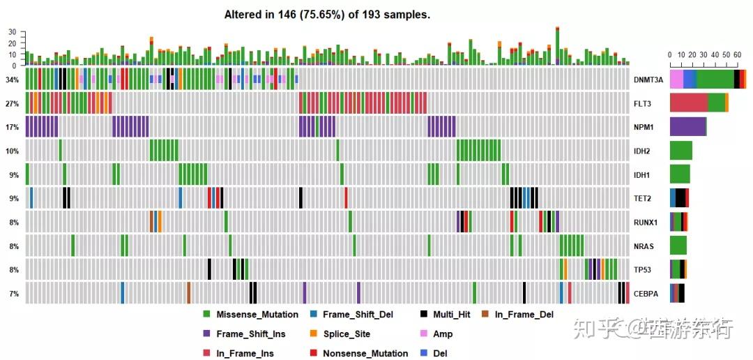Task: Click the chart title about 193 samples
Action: click(x=327, y=15)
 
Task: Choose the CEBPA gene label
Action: click(x=646, y=294)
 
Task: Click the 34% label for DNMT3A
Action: click(x=12, y=80)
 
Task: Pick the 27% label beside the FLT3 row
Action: click(x=12, y=103)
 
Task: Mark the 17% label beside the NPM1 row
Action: click(x=12, y=127)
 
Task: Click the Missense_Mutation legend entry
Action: click(x=257, y=315)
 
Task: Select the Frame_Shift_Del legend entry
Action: click(x=358, y=315)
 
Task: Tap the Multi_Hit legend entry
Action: click(x=451, y=315)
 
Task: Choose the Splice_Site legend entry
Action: click(x=347, y=334)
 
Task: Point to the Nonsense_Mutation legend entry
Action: click(x=365, y=354)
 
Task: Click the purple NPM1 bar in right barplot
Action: click(x=687, y=126)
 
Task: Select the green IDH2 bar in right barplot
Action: click(x=680, y=150)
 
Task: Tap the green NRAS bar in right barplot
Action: click(x=678, y=246)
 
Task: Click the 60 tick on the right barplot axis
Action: click(x=737, y=54)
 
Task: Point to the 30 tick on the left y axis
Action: click(x=12, y=32)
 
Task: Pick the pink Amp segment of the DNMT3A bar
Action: click(x=676, y=79)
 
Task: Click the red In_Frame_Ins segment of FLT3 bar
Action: click(x=688, y=103)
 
